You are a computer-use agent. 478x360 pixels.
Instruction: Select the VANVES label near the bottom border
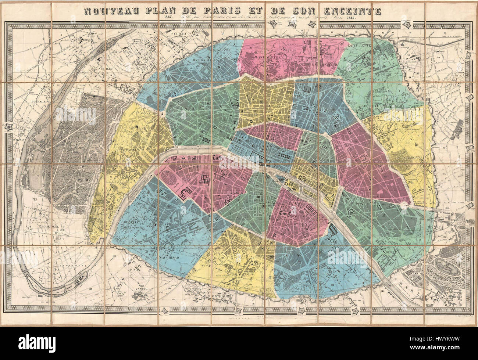click(x=142, y=289)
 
